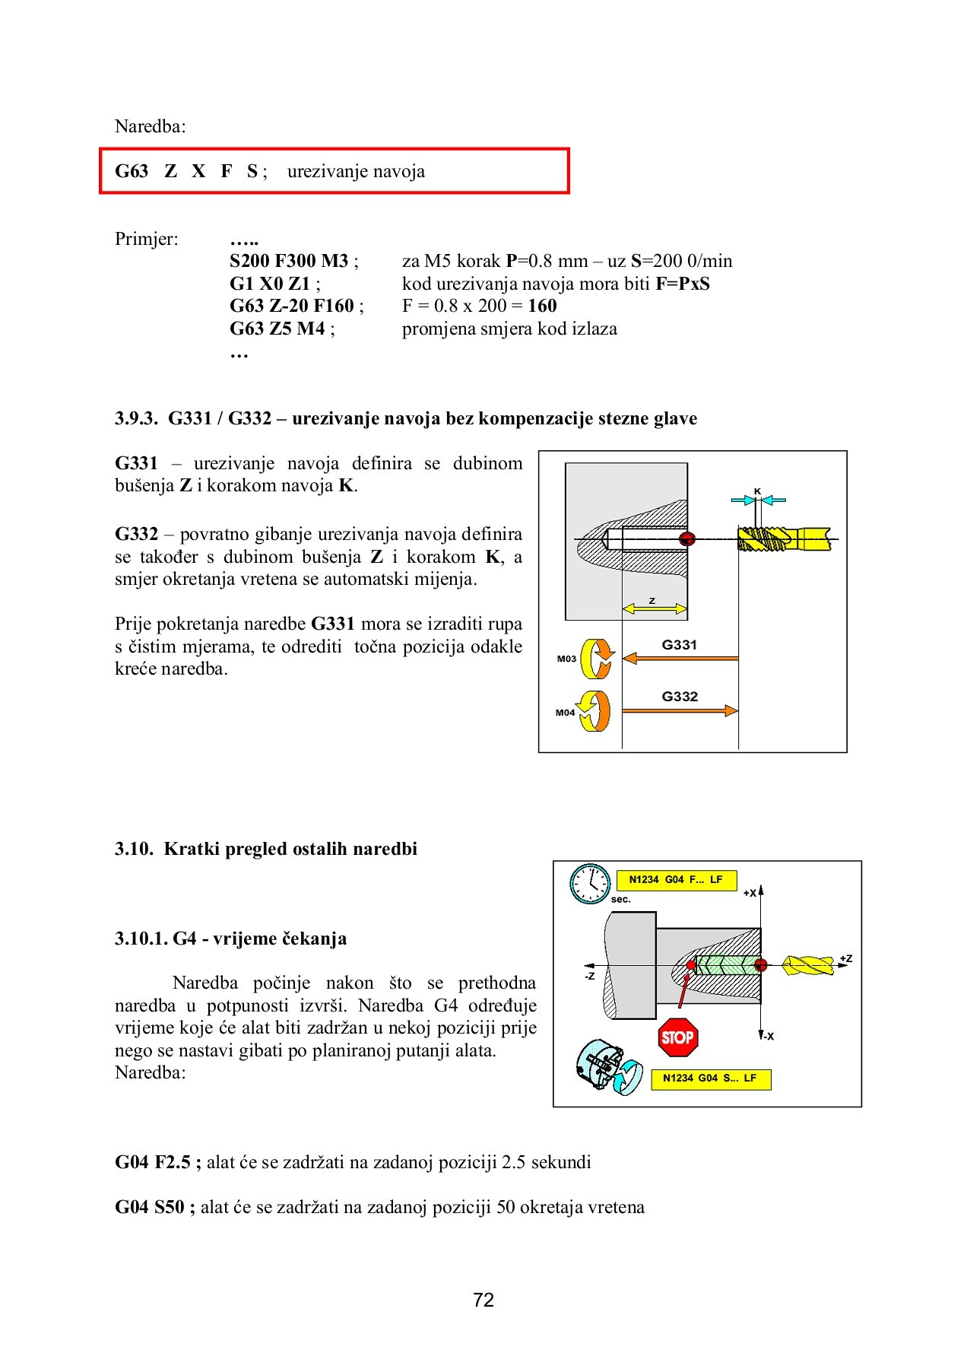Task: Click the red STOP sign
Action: click(677, 1037)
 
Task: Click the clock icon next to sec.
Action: click(590, 884)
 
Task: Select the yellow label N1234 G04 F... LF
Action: click(676, 880)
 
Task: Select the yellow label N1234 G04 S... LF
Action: click(709, 1078)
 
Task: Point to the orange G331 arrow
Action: click(680, 658)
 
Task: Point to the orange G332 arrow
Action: click(680, 710)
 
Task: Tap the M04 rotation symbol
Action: click(594, 711)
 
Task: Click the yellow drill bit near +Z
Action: click(807, 965)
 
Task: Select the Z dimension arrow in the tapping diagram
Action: click(655, 608)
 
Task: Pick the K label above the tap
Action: click(757, 491)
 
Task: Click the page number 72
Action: click(483, 1300)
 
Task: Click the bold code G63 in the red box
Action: click(132, 171)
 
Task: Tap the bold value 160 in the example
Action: click(542, 306)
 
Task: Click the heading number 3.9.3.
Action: click(136, 418)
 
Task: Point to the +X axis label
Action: click(750, 893)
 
